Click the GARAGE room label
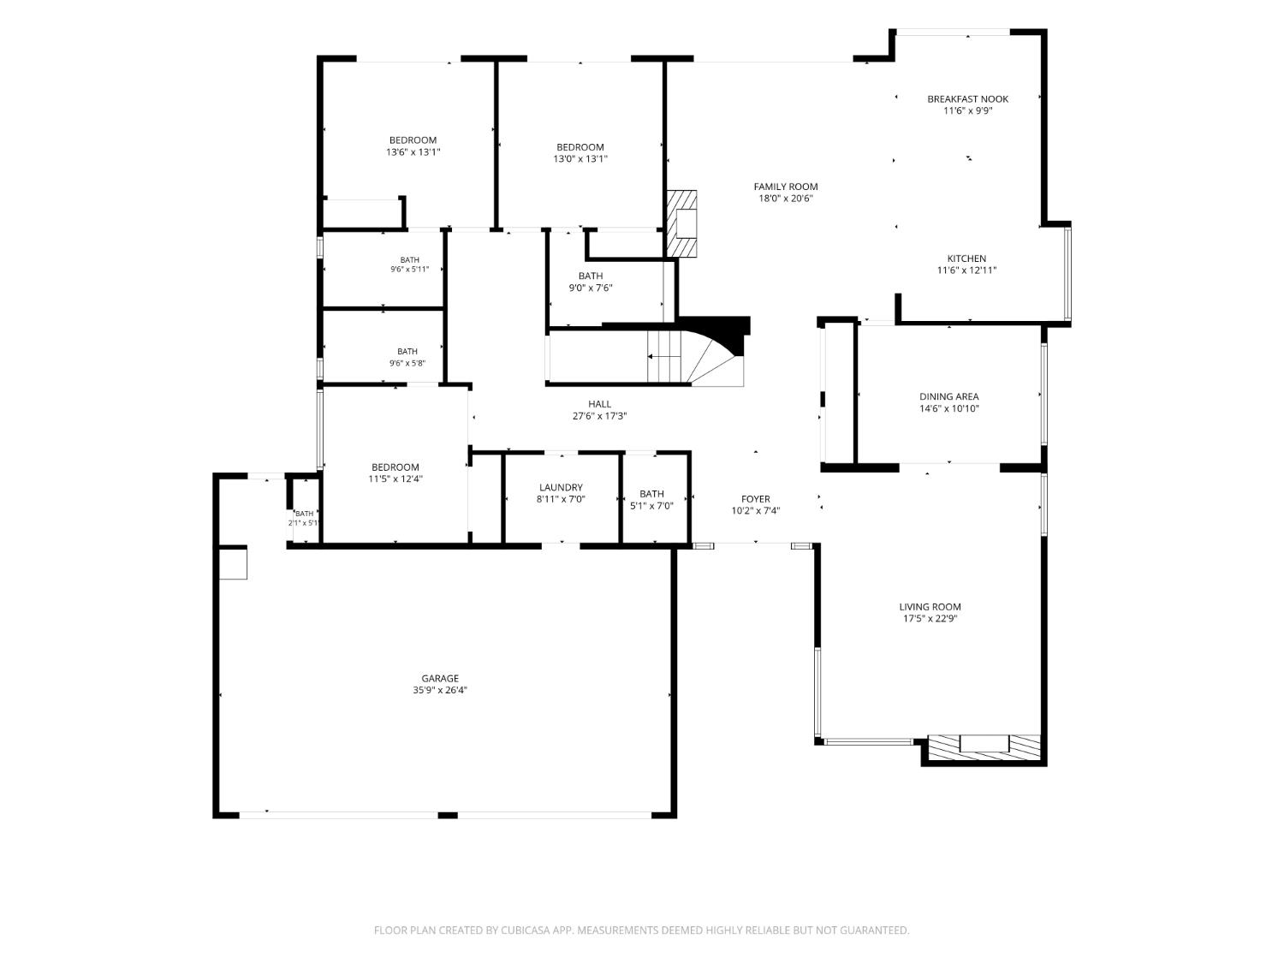click(440, 678)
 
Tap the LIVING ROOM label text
click(930, 607)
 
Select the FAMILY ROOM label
click(785, 187)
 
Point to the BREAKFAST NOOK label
click(967, 98)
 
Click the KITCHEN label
click(966, 259)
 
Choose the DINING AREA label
click(948, 396)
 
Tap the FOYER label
click(755, 499)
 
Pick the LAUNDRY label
click(561, 487)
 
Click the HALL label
click(599, 404)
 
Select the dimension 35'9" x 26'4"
click(440, 690)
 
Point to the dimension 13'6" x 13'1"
click(413, 152)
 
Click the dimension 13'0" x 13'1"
click(580, 159)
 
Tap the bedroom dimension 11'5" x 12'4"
click(395, 479)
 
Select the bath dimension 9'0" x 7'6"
click(591, 288)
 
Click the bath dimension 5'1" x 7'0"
click(651, 506)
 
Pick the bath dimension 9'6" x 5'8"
click(407, 363)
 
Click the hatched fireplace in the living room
click(984, 748)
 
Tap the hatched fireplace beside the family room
click(682, 223)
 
